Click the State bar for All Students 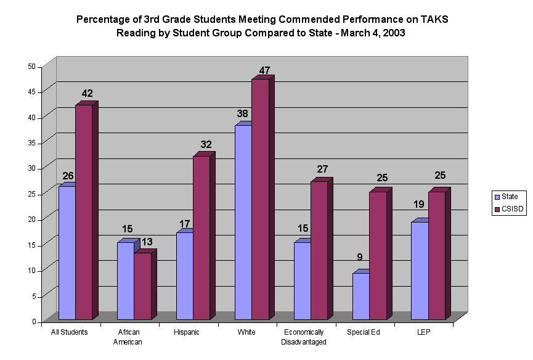coord(67,253)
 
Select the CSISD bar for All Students coord(84,212)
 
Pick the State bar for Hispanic coord(185,276)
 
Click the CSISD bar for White coord(260,199)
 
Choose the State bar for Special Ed coord(361,296)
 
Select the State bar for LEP coord(420,271)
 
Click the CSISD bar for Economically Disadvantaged coord(319,250)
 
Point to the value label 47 coord(264,70)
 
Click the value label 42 coord(87,94)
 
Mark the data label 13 coord(147,242)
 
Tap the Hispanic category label coord(187,332)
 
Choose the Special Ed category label coord(363,332)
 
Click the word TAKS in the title coord(434,19)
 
